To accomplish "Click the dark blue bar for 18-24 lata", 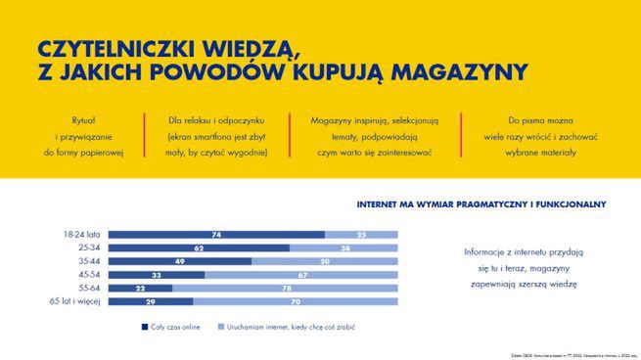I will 215,235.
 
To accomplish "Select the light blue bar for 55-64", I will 285,289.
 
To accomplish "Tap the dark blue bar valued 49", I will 179,261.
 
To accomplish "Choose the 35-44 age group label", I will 88,261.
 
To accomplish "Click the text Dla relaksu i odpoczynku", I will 216,118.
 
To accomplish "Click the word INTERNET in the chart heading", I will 386,204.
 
